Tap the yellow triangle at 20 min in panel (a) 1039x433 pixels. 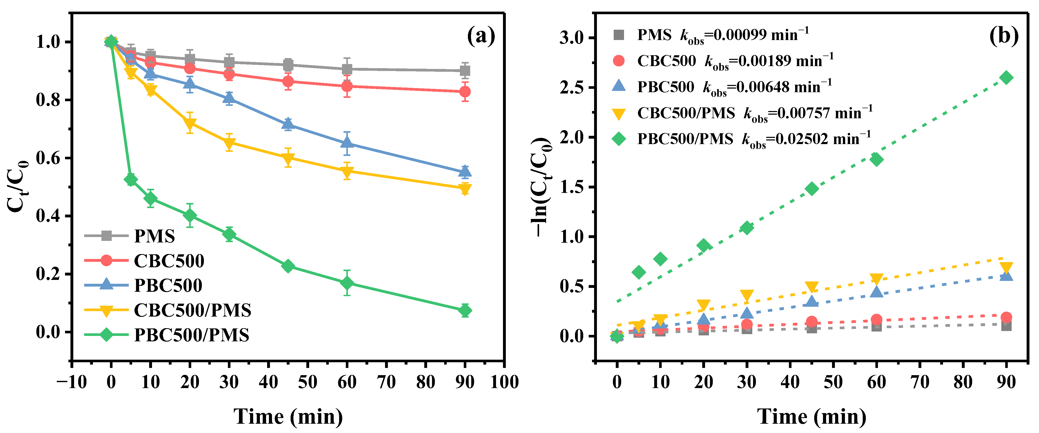click(x=190, y=123)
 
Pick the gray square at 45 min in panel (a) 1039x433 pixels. click(x=288, y=65)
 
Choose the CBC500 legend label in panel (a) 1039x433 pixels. click(x=169, y=261)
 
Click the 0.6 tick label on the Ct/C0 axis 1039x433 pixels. click(x=49, y=158)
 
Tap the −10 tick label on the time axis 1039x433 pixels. click(x=72, y=382)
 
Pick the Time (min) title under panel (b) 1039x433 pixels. click(x=812, y=416)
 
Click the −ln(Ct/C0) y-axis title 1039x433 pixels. click(x=541, y=187)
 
